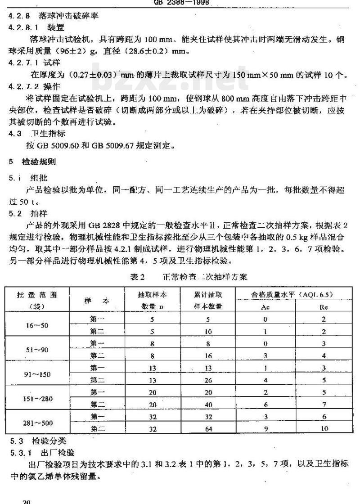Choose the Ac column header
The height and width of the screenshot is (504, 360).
pos(265,307)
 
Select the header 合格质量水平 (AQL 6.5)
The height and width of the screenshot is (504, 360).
pos(295,294)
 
